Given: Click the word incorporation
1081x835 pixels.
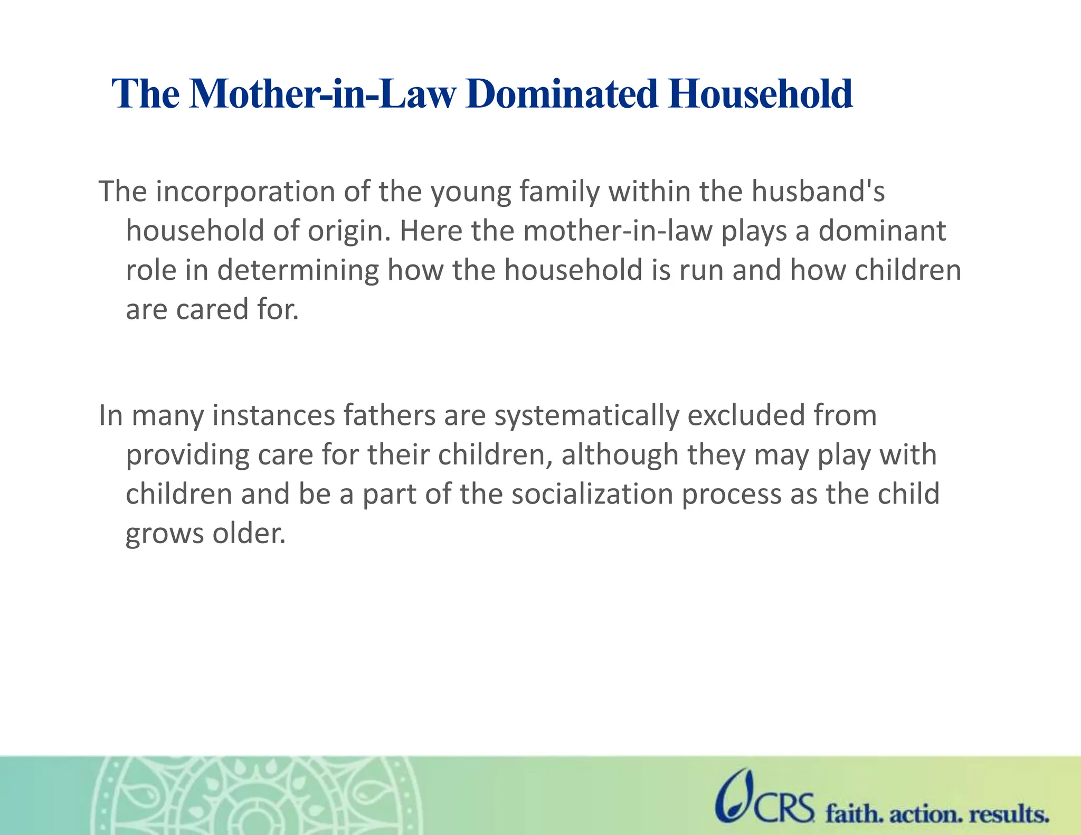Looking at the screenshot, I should (245, 192).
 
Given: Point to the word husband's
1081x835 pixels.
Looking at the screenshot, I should (818, 192).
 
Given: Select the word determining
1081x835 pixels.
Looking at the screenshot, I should (298, 271).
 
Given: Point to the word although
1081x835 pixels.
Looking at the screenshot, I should (620, 456).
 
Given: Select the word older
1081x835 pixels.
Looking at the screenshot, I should (249, 534).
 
